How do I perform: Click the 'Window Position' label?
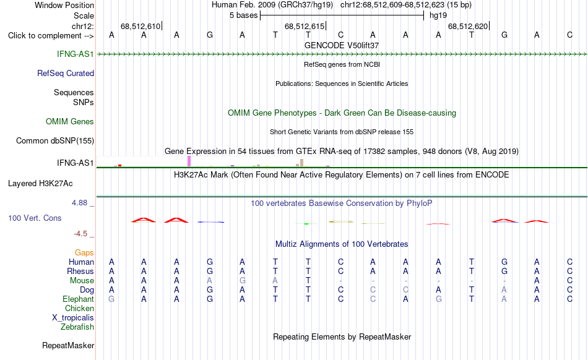[64, 5]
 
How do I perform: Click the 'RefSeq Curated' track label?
[65, 74]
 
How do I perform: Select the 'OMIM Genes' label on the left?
[69, 122]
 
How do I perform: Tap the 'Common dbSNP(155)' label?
[54, 141]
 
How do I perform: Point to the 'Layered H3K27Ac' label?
[40, 184]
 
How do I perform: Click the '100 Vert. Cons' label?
[35, 218]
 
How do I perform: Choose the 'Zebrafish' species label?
[77, 327]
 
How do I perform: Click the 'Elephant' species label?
[78, 299]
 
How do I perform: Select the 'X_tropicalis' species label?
[73, 318]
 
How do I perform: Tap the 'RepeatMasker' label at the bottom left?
[68, 345]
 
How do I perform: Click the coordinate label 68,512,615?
[305, 26]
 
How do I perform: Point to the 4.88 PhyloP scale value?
[79, 203]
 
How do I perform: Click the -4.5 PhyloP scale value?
[80, 234]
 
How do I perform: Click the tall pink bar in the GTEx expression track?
[189, 161]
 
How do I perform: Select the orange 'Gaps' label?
[84, 253]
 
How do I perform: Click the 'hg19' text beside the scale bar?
[438, 15]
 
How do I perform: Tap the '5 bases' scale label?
[244, 15]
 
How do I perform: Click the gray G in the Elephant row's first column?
[111, 299]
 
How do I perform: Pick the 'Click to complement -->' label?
[51, 36]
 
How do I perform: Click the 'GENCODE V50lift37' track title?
[342, 45]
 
